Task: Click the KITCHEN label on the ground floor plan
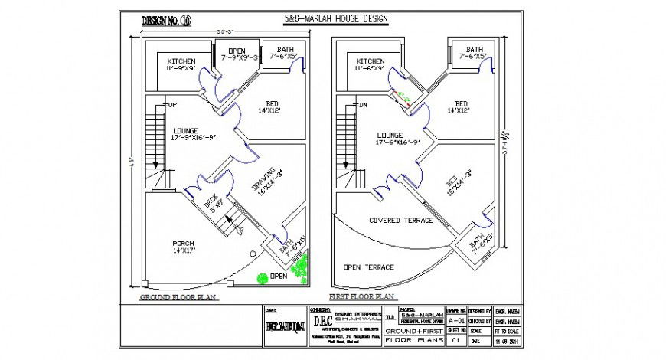coord(181,61)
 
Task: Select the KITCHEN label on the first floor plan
coord(370,61)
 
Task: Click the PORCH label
coord(182,243)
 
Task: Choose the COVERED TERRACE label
coord(400,221)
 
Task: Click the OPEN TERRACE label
coord(369,267)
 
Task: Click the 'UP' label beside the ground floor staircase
coord(172,105)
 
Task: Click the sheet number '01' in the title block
coord(456,338)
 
